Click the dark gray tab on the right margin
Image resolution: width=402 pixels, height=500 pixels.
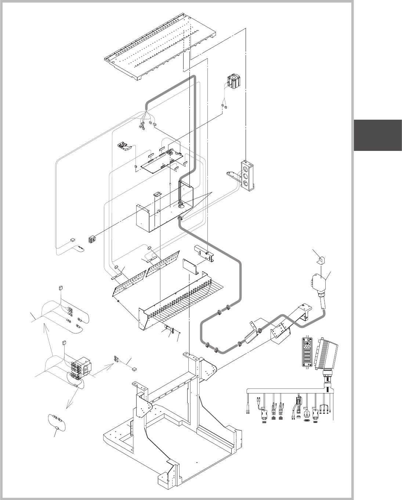point(378,135)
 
